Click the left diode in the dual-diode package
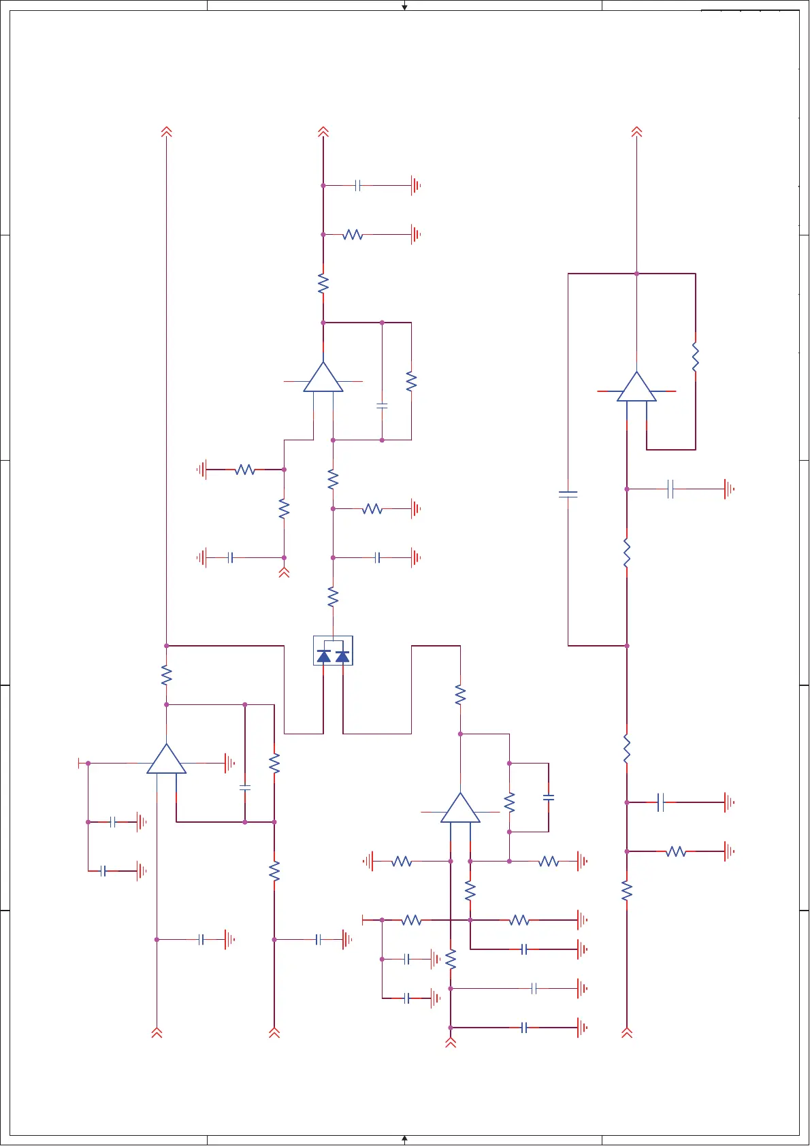pos(324,656)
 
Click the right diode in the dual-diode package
pos(342,656)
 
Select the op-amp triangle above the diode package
pos(323,379)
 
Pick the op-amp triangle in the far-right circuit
pos(636,389)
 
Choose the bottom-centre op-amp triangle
pos(460,810)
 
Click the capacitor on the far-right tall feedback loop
pos(568,494)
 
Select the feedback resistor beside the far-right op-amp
pos(695,357)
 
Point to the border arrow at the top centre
pos(404,7)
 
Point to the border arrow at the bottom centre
pos(404,1138)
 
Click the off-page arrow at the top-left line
pos(166,131)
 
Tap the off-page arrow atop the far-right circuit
pos(636,131)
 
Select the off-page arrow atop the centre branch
pos(323,131)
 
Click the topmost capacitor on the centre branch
pos(357,185)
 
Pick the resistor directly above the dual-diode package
pos(333,597)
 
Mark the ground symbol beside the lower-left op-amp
pos(230,764)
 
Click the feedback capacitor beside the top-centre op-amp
pos(382,406)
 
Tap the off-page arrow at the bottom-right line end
pos(627,1032)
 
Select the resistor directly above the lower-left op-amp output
pos(166,675)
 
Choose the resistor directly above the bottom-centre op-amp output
pos(460,695)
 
